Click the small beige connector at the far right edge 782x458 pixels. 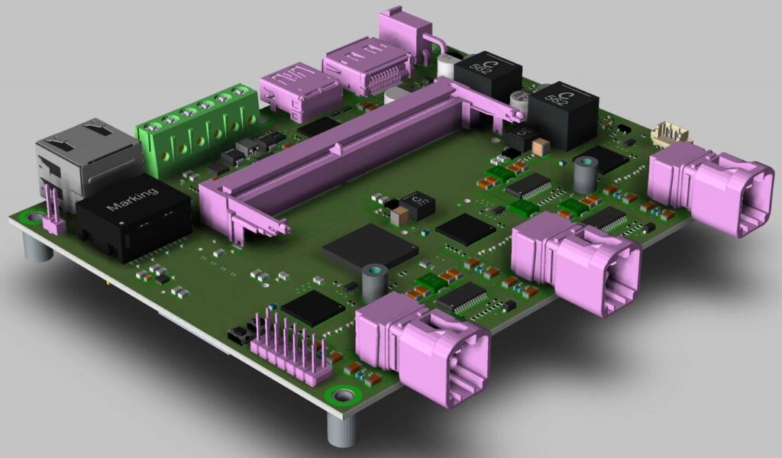point(671,135)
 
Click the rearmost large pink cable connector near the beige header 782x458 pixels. point(710,191)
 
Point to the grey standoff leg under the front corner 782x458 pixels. point(342,429)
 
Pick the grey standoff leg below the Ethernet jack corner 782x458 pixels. point(34,248)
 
